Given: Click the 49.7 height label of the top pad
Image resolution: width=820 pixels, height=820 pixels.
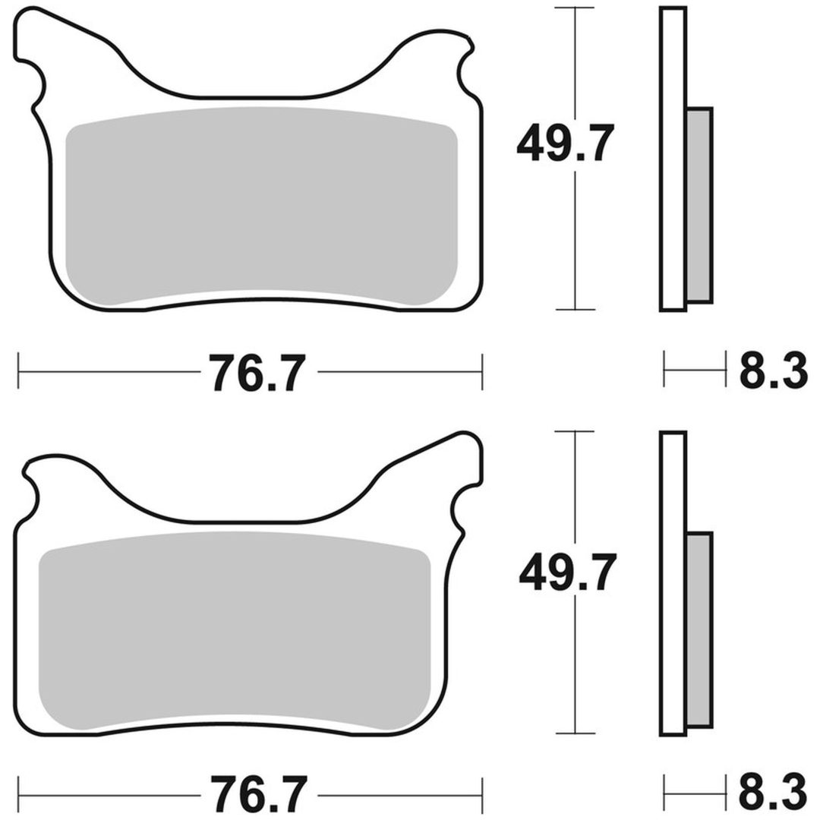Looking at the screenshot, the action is tap(565, 142).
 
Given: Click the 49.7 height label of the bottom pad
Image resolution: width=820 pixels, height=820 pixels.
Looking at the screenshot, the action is tap(567, 572).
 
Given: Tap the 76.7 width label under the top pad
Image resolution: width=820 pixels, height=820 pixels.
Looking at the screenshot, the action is tap(259, 372).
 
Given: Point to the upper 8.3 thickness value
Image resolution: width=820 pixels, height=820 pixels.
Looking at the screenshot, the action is tap(773, 370).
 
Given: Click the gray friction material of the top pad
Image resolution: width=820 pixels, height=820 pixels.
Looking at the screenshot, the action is tap(261, 206).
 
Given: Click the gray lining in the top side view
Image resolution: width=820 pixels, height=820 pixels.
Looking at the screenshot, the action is tap(699, 205).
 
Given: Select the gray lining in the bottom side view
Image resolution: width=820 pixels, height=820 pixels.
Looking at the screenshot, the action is tap(699, 629).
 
